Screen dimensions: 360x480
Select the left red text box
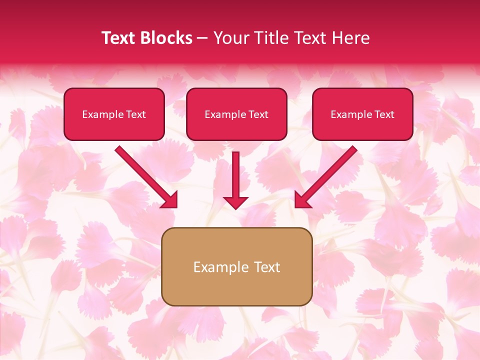pyautogui.click(x=114, y=114)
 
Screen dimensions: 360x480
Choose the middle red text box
pyautogui.click(x=236, y=114)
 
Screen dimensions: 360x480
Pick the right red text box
pyautogui.click(x=362, y=114)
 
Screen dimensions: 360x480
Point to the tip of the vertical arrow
pyautogui.click(x=235, y=207)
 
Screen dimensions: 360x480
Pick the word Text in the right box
pyautogui.click(x=384, y=114)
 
